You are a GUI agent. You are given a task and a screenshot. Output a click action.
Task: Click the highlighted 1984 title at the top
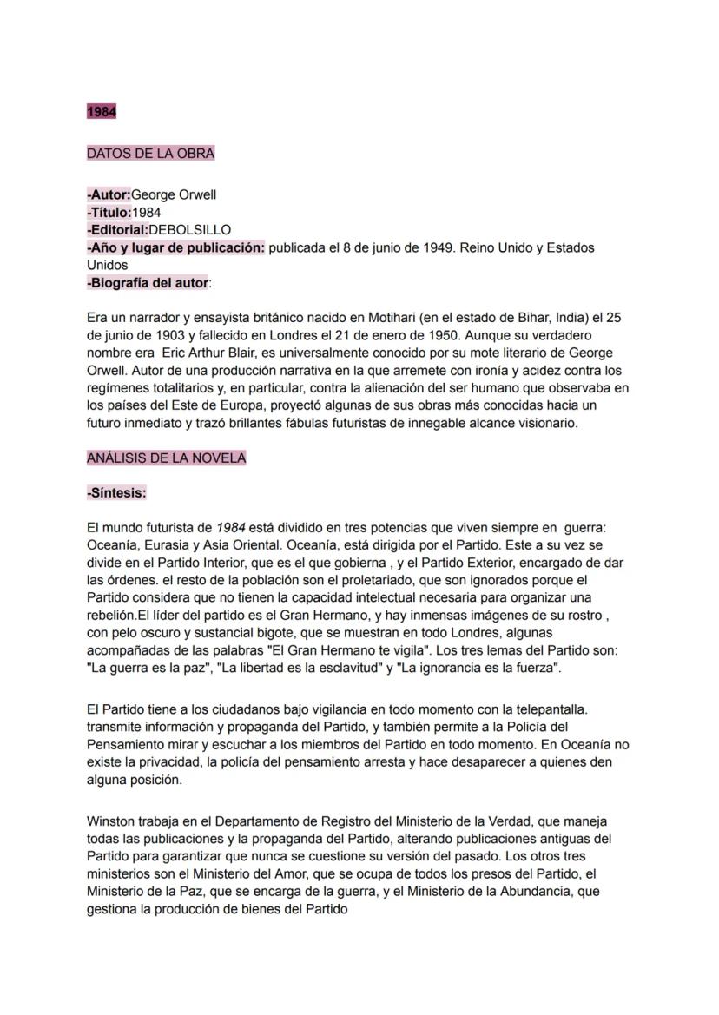click(101, 112)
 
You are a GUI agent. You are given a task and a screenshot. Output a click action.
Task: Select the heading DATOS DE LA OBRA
click(150, 154)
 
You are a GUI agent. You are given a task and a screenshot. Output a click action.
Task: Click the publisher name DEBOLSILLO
click(189, 230)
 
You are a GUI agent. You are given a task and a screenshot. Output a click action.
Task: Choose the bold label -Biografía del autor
click(148, 282)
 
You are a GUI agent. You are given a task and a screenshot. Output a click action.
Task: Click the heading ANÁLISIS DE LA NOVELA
click(166, 458)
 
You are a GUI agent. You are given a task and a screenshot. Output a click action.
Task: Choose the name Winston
click(110, 821)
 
